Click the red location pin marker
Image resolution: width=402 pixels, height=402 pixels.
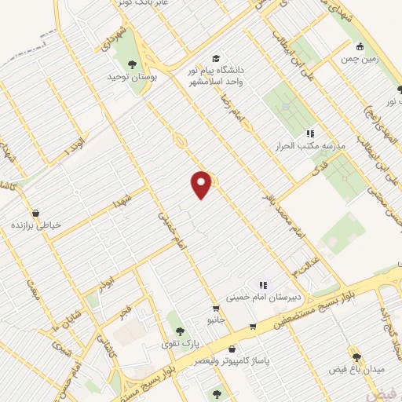tap(202, 184)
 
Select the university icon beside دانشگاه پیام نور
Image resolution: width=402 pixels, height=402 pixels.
tap(216, 58)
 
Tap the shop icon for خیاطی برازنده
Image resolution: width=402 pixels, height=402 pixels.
tap(36, 212)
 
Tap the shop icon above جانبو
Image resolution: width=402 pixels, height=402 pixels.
tap(215, 308)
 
